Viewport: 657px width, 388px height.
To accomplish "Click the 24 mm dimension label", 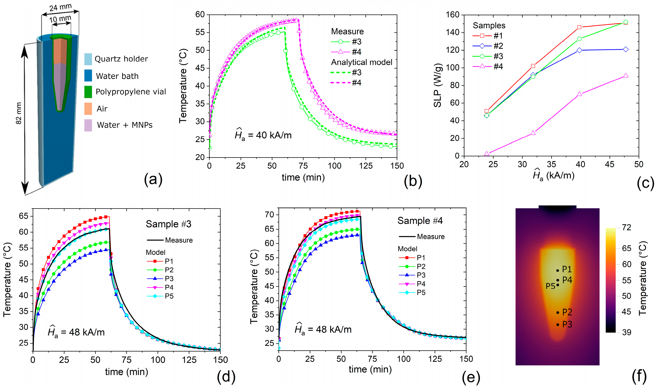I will tap(60, 7).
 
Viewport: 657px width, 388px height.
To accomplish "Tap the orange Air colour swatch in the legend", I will tap(88, 109).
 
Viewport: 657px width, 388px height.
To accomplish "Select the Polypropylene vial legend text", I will tap(131, 92).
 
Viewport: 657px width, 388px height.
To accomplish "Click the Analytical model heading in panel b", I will tap(362, 62).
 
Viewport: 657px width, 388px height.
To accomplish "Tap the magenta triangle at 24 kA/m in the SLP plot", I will tap(487, 154).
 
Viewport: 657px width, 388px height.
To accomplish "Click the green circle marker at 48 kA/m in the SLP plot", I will tap(626, 22).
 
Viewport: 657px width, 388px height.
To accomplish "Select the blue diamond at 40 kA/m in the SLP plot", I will tap(579, 50).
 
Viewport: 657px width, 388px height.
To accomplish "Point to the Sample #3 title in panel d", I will tap(169, 224).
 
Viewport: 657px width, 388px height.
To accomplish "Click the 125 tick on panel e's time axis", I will tap(435, 359).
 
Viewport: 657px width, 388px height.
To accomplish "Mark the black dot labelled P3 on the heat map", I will tap(558, 325).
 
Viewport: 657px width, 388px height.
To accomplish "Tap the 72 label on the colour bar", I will tap(627, 228).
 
